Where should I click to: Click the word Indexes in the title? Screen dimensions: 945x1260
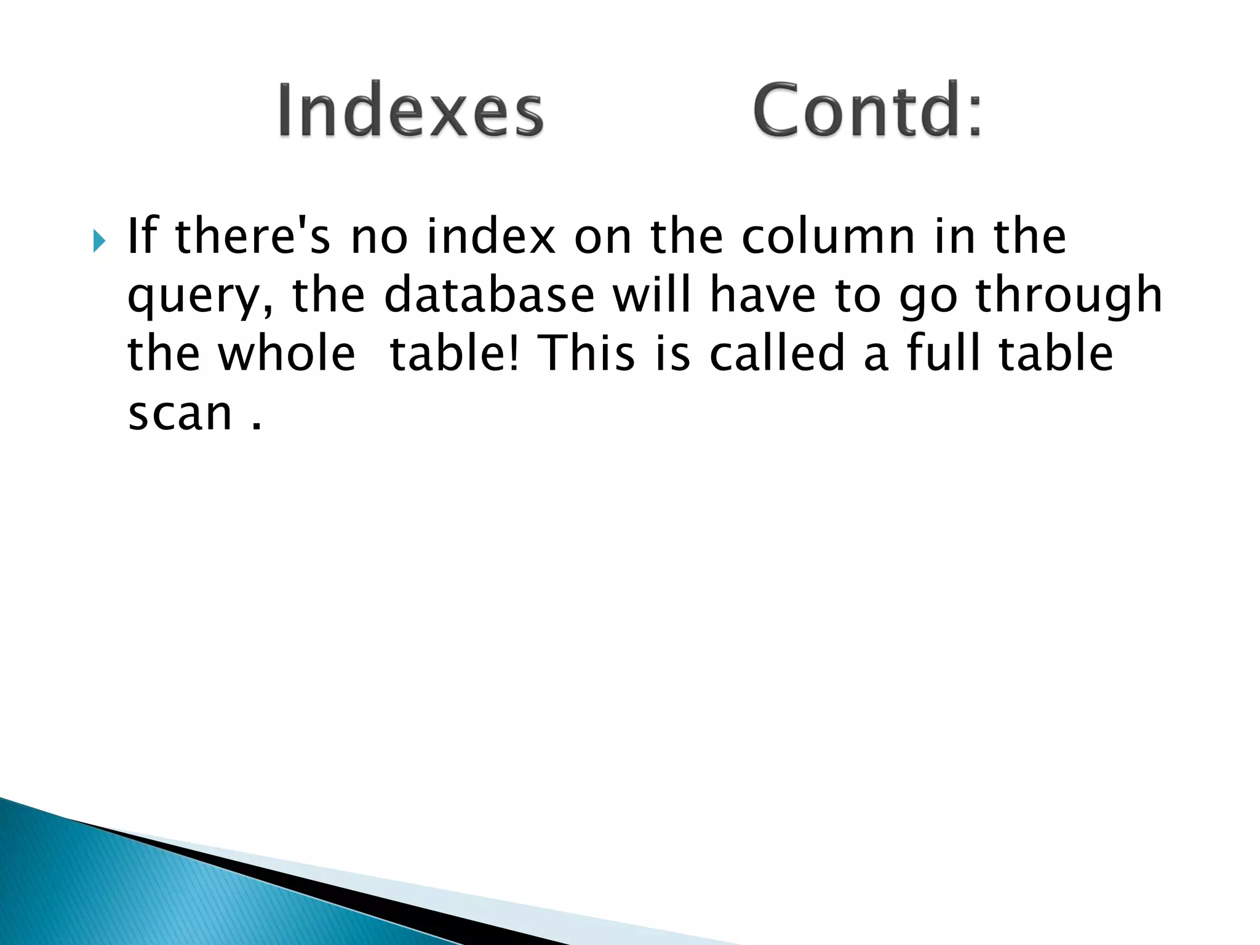coord(410,111)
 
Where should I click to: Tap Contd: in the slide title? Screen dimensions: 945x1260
coord(867,111)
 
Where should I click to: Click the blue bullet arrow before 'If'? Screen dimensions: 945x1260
coord(99,240)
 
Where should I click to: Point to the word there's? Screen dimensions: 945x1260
coord(253,236)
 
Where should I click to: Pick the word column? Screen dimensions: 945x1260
coord(828,236)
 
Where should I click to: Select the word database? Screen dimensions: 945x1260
coord(489,295)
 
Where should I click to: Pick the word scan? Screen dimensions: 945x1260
coord(180,413)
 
